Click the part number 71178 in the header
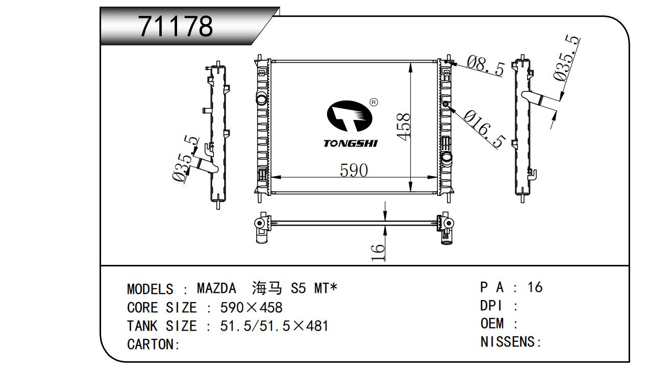[176, 26]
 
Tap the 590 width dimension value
[354, 170]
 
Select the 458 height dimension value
[403, 127]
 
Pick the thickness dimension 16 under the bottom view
[378, 253]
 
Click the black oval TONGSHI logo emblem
[350, 116]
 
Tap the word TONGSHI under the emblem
[351, 143]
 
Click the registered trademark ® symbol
[374, 103]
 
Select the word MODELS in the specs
[150, 289]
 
